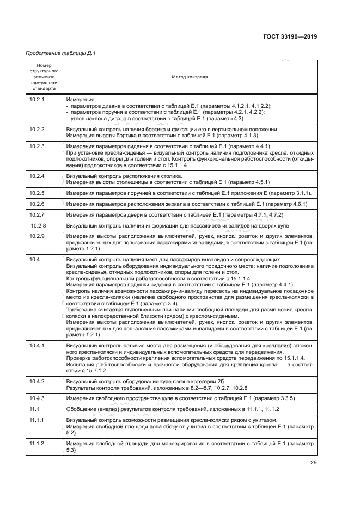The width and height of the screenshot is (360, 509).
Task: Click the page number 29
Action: (x=313, y=463)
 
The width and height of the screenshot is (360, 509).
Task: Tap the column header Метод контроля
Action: (x=190, y=77)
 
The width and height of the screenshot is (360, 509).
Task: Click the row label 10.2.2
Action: (x=36, y=129)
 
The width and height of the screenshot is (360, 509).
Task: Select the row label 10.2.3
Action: (x=36, y=147)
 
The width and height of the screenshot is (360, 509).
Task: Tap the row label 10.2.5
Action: (x=36, y=193)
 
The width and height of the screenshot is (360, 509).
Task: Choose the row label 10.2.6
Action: (x=36, y=204)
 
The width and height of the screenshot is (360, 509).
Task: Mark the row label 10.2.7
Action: (x=36, y=214)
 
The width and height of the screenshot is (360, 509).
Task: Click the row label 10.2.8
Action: (x=38, y=225)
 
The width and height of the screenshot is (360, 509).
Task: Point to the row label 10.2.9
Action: (x=36, y=236)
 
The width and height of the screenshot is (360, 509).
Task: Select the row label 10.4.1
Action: (x=36, y=346)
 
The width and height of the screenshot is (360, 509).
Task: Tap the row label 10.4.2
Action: (x=36, y=381)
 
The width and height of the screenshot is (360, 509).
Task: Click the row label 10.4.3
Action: (x=36, y=398)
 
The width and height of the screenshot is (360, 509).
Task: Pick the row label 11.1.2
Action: (x=36, y=444)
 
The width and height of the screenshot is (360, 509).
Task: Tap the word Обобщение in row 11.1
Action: (x=81, y=409)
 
